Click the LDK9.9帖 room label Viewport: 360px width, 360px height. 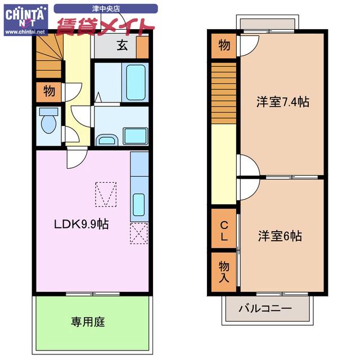point(81,224)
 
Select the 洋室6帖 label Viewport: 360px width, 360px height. point(280,236)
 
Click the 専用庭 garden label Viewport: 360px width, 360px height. point(88,322)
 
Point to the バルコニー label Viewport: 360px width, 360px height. point(265,309)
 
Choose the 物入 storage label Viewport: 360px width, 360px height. point(224,272)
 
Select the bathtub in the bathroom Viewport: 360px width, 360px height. point(136,82)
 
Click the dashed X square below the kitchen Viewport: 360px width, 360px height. point(138,233)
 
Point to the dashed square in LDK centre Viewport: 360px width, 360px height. point(106,193)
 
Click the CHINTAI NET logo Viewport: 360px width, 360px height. point(25,17)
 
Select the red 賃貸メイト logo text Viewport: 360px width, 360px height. point(105,26)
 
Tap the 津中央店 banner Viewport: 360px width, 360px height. point(106,8)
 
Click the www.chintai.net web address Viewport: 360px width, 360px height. point(25,32)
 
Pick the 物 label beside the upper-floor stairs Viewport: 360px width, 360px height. point(224,46)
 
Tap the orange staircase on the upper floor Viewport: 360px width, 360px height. point(224,92)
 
